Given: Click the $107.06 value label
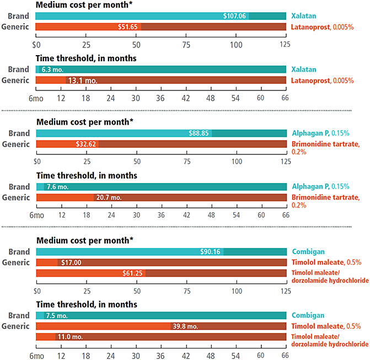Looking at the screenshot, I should click(235, 17).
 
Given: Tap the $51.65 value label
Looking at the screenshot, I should click(128, 26).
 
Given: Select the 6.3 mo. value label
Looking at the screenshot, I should click(52, 70).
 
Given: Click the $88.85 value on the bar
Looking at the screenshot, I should click(197, 133).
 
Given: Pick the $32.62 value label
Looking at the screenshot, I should click(87, 144).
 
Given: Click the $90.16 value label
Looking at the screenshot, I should click(210, 251).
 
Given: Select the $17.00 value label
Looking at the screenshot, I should click(70, 262).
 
